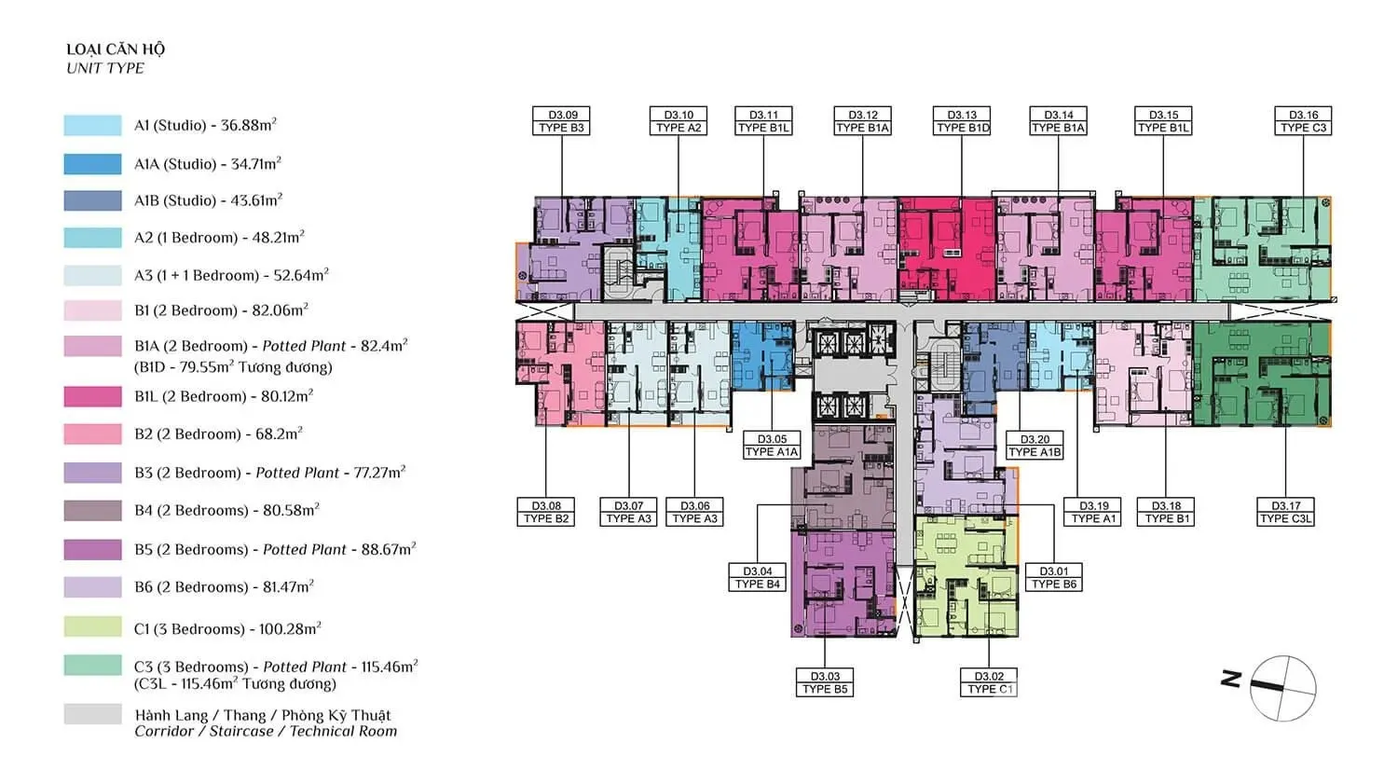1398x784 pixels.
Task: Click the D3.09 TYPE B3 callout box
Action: pos(561,121)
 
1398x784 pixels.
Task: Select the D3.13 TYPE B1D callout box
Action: pos(962,121)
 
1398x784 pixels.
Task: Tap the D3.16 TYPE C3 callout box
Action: pos(1303,121)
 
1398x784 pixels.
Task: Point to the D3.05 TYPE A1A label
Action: pos(772,445)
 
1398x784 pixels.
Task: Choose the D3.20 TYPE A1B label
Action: pos(1035,445)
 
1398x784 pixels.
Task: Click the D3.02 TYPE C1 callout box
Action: pos(989,682)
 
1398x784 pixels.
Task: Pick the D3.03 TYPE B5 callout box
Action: pos(825,682)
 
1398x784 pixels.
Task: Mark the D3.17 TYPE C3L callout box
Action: pos(1285,512)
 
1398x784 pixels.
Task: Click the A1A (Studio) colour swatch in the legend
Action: pos(92,163)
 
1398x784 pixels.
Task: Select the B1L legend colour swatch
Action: pos(92,396)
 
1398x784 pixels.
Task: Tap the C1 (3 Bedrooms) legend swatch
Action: pos(92,626)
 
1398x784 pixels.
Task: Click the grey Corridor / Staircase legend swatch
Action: pos(92,714)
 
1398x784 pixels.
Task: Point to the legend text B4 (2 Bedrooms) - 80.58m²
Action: pos(226,510)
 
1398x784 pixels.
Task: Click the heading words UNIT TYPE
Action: pos(104,68)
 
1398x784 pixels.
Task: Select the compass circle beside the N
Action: pos(1283,689)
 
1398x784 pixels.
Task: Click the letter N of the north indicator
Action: pos(1231,679)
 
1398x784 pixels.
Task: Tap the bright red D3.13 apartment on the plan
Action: pos(947,250)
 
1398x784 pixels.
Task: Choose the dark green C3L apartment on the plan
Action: pos(1262,374)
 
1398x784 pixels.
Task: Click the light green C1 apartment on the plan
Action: pos(966,575)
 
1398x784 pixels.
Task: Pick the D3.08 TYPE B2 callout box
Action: pos(546,512)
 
